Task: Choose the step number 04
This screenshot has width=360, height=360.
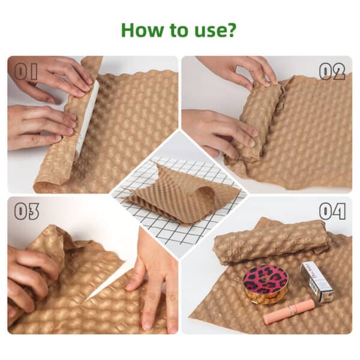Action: pyautogui.click(x=332, y=211)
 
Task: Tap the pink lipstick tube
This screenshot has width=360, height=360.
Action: pyautogui.click(x=289, y=312)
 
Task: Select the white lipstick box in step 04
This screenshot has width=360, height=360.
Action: pyautogui.click(x=317, y=281)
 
